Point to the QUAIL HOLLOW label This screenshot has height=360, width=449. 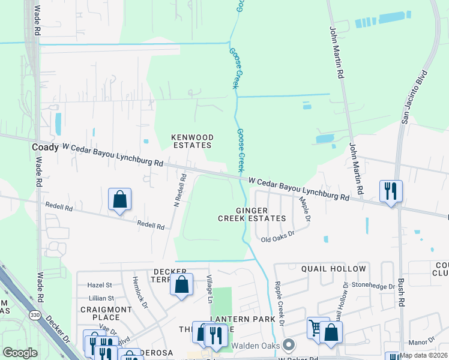click(333, 269)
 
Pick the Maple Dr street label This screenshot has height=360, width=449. click(304, 209)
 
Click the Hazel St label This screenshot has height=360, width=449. click(100, 285)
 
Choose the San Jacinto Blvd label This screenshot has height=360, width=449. click(414, 97)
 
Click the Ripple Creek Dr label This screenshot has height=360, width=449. click(278, 303)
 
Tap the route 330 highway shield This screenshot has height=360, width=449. click(34, 315)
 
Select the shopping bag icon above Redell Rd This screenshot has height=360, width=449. click(119, 200)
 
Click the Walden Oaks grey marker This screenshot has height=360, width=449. click(289, 344)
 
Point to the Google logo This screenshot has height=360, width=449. click(20, 353)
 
